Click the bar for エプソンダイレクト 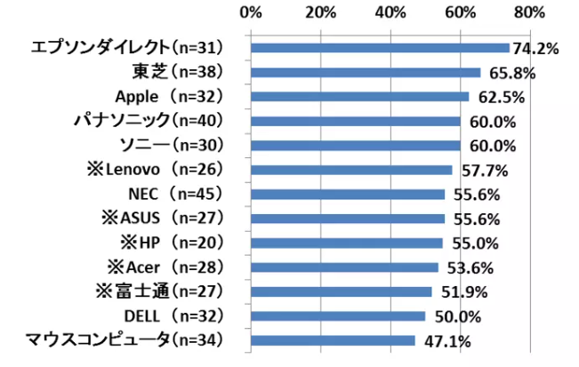click(380, 48)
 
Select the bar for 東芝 click(366, 72)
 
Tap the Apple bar click(359, 96)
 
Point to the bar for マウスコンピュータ click(333, 339)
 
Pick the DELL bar click(338, 315)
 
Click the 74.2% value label click(535, 49)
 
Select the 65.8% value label click(506, 73)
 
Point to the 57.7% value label click(478, 171)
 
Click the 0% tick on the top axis click(251, 12)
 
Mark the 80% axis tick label click(529, 12)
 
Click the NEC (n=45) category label click(174, 194)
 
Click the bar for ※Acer click(344, 267)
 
